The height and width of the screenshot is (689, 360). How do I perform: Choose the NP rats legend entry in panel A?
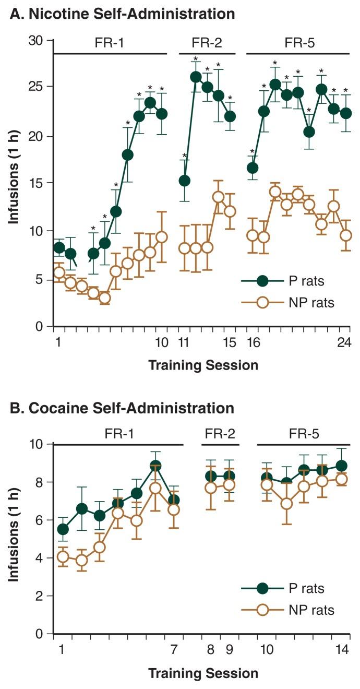point(313,302)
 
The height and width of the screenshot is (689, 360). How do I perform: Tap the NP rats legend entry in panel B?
point(313,610)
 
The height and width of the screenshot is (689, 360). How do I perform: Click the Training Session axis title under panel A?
point(203,365)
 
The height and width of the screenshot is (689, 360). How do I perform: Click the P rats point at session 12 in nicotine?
point(196,77)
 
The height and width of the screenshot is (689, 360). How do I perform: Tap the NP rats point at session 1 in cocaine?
point(63,556)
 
